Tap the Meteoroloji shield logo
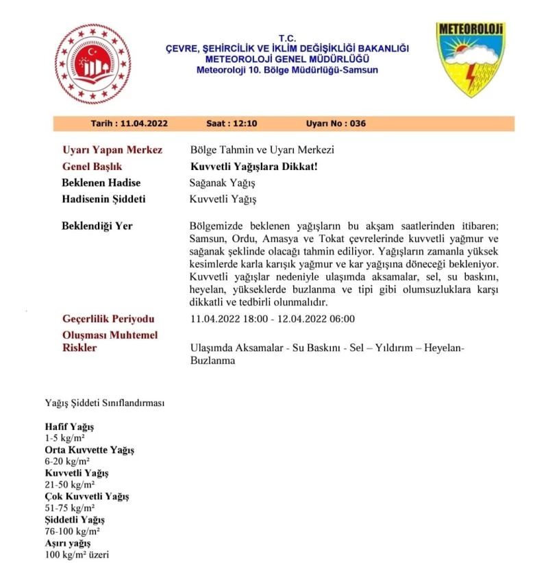click(471, 60)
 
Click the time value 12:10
click(245, 124)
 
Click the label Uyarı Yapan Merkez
click(112, 150)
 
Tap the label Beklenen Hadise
click(101, 183)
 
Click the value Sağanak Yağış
click(222, 183)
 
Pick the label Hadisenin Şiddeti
click(103, 200)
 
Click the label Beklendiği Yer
click(97, 226)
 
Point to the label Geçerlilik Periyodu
click(108, 319)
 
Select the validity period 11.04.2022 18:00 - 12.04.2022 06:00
click(272, 319)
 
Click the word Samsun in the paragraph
click(204, 239)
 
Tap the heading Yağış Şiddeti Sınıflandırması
click(104, 403)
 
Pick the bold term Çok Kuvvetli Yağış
click(86, 496)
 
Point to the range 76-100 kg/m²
click(73, 531)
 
